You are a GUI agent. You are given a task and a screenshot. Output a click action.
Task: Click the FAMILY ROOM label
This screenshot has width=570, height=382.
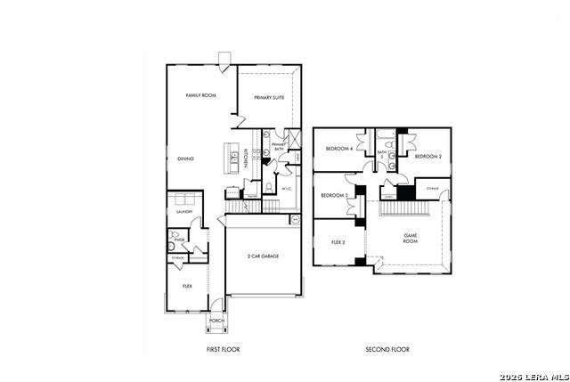201,95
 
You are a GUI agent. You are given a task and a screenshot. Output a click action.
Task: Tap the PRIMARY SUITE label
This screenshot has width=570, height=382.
269,98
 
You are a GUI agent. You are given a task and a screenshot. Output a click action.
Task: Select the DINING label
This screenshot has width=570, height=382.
185,158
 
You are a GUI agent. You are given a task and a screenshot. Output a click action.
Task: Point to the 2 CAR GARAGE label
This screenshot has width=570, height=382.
264,256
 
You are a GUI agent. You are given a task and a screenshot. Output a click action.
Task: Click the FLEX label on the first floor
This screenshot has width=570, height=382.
187,286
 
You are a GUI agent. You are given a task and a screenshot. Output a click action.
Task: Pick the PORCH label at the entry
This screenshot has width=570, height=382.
216,321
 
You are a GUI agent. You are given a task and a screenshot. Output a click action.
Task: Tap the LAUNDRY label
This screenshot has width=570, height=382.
184,212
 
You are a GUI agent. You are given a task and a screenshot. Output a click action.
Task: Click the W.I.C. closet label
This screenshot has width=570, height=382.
287,189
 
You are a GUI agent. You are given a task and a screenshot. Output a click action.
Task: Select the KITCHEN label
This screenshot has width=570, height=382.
246,157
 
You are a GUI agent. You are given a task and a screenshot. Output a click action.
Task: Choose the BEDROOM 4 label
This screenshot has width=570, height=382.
338,149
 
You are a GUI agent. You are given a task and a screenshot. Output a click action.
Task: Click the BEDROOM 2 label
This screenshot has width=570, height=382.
428,156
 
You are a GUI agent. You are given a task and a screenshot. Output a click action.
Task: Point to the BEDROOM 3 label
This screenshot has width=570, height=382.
334,195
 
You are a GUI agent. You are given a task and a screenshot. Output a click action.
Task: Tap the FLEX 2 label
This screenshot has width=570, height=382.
338,241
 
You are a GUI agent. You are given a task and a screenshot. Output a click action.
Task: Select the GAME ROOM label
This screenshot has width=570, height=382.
411,238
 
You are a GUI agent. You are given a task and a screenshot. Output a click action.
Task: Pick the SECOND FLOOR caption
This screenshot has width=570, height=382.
387,349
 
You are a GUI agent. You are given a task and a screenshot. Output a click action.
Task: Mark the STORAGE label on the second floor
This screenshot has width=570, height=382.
432,189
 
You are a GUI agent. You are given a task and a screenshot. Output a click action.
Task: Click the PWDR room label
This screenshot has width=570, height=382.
179,240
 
